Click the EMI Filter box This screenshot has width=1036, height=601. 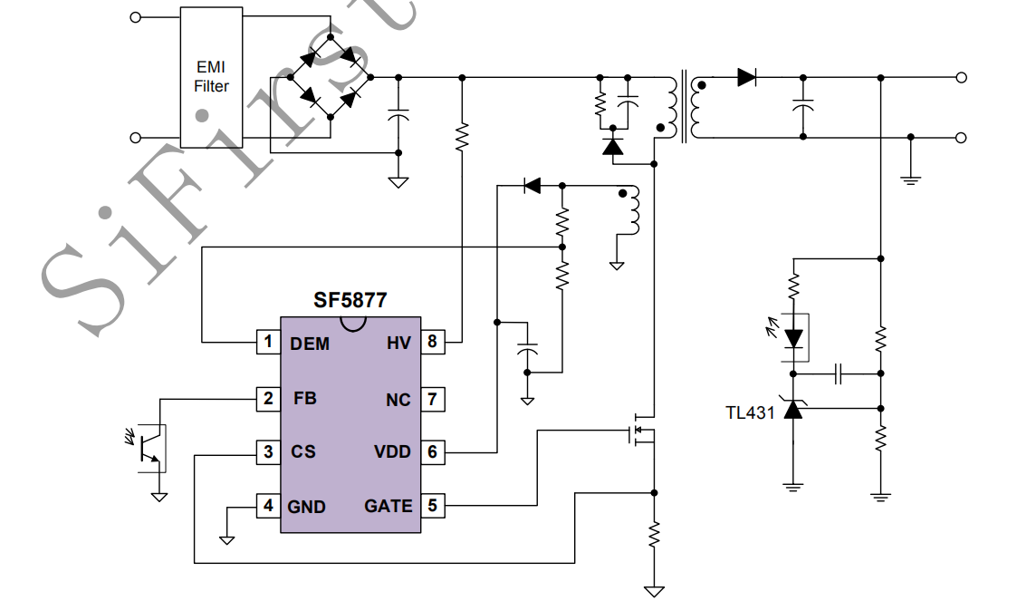tap(211, 77)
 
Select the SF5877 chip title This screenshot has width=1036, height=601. tap(350, 300)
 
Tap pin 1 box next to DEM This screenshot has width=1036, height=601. tap(267, 343)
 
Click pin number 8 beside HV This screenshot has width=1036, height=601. tap(433, 343)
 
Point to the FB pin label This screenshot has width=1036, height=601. tap(305, 397)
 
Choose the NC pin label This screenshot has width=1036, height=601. tap(398, 399)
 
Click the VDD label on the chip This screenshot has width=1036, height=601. tap(392, 451)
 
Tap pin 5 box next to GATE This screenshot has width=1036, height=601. tap(433, 506)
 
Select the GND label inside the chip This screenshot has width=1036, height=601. tap(307, 507)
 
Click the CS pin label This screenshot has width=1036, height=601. tap(303, 451)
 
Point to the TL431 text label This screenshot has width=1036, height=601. tap(750, 412)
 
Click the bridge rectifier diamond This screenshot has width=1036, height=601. tap(330, 78)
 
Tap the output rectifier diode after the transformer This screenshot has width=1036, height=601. tap(746, 78)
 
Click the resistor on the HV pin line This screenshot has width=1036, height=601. tap(462, 137)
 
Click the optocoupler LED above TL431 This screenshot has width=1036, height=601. tap(794, 337)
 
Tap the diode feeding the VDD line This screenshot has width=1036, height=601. tap(532, 186)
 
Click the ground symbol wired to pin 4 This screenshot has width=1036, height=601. tap(226, 538)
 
